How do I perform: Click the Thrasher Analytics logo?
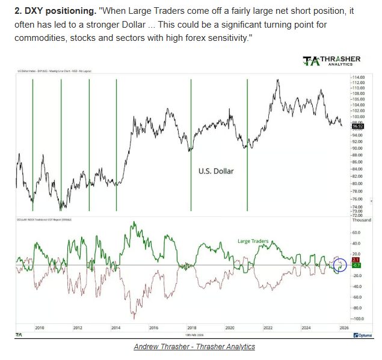tap(331, 61)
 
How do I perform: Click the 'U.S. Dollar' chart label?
tap(215, 171)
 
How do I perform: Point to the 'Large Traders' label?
tap(252, 241)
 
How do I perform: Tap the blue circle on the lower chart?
tap(339, 264)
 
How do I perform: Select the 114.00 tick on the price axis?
tap(359, 78)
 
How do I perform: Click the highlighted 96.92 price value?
tap(358, 126)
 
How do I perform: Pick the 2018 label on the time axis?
tap(191, 328)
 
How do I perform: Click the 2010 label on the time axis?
tap(40, 328)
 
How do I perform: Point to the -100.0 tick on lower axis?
tap(358, 319)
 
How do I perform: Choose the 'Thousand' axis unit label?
tap(362, 220)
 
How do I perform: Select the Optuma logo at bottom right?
tap(363, 335)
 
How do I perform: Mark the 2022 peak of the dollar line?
tap(277, 79)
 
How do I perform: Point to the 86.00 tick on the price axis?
tap(357, 162)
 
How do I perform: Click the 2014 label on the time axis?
tap(116, 328)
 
